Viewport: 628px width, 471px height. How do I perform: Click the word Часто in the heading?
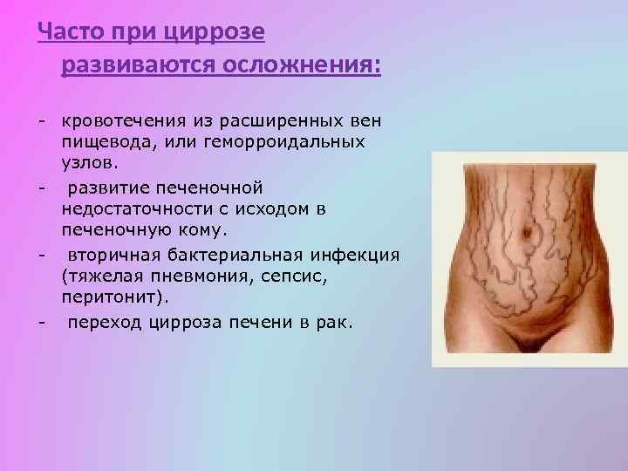(72, 33)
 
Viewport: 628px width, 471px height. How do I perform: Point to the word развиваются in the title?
(136, 65)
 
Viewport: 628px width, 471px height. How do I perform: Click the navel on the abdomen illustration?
(524, 234)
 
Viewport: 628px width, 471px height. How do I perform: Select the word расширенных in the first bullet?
(281, 119)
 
